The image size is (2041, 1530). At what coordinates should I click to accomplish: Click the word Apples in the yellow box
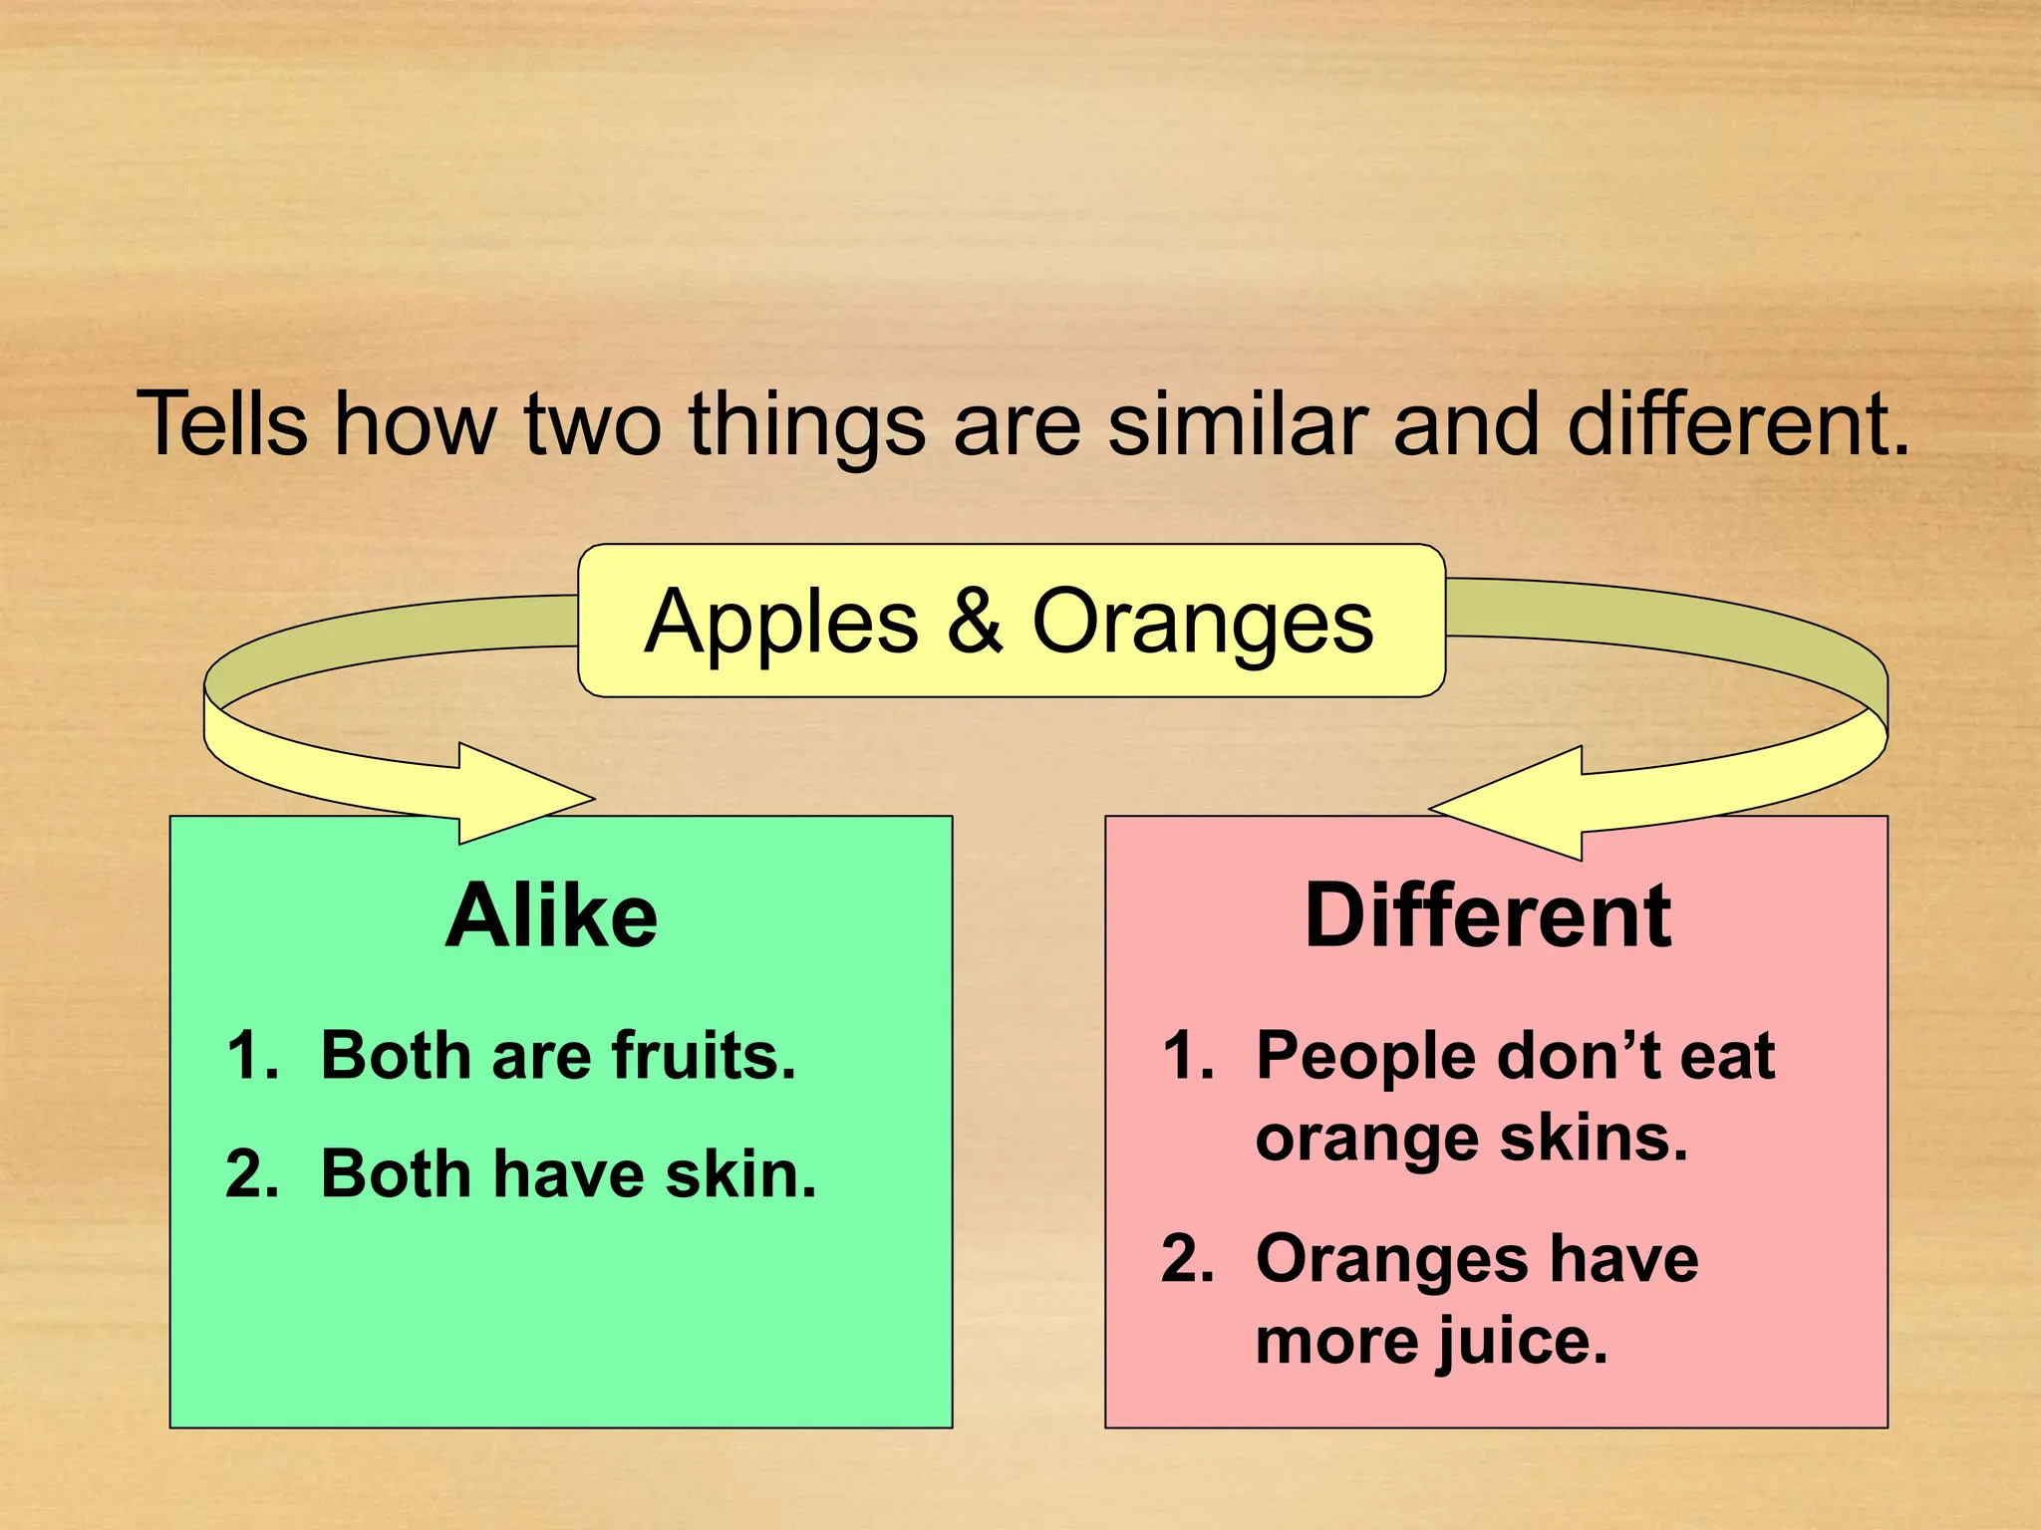pos(781,624)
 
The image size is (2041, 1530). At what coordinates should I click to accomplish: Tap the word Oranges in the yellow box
pos(1202,624)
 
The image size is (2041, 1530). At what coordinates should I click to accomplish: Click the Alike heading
pos(551,916)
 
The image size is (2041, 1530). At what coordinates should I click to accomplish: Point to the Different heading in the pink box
pos(1488,916)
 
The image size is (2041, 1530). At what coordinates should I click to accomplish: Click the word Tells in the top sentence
pos(222,424)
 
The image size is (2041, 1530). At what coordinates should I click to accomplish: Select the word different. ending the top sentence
pos(1738,424)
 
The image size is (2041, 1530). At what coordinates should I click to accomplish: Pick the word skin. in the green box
pos(740,1174)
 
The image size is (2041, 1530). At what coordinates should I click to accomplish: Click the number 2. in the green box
pos(252,1174)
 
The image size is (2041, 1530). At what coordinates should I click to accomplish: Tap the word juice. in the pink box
pos(1521,1343)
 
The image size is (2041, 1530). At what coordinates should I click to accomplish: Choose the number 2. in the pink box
pos(1188,1259)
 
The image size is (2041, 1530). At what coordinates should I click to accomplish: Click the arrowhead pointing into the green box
pos(528,795)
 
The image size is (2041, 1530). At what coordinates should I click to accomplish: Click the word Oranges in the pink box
pos(1391,1261)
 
